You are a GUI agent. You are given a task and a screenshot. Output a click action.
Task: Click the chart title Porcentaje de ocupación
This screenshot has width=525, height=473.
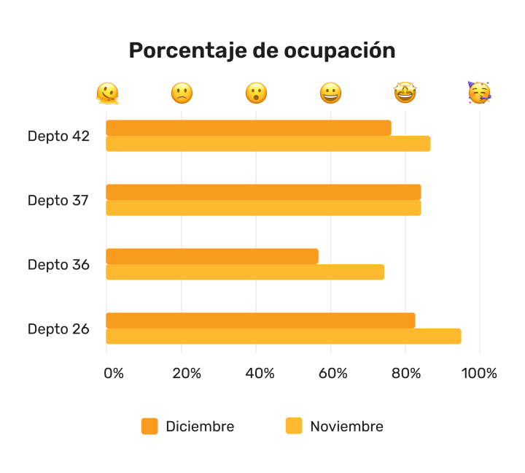point(262,50)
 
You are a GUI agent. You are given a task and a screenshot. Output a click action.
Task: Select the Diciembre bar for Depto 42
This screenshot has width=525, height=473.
point(248,128)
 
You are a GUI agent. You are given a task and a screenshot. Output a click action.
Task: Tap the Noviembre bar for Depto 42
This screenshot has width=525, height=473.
point(268,144)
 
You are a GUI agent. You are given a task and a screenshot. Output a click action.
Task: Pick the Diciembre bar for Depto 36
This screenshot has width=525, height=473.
point(211,256)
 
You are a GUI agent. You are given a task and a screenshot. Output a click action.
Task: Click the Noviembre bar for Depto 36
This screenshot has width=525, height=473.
point(244,272)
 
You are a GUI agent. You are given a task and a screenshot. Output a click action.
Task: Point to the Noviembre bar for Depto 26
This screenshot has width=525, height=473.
point(283,337)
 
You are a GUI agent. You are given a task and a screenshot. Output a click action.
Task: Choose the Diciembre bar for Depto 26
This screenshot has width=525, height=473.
point(260,320)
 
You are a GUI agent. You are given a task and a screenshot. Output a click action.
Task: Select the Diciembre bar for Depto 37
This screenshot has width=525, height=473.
point(262,192)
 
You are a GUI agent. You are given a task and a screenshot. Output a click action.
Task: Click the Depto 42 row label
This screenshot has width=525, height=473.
point(58,136)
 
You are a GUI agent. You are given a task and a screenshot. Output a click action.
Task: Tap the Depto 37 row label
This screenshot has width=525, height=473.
point(58,200)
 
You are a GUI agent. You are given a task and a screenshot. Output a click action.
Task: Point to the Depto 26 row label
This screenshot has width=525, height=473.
point(58,328)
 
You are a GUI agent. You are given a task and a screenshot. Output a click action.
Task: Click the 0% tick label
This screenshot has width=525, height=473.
point(114,373)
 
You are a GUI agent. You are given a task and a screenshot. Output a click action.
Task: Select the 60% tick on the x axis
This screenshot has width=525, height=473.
point(332,373)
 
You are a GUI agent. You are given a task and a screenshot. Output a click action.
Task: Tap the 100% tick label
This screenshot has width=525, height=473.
point(479,373)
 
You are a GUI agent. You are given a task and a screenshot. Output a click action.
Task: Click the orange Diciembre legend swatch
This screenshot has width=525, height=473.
point(149,426)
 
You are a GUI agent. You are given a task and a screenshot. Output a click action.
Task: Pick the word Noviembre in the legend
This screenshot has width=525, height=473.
point(346,426)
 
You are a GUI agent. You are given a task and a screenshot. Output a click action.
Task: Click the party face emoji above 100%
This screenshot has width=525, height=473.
point(479,93)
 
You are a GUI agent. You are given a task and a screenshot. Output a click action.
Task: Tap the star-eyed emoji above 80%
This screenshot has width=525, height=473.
point(405,93)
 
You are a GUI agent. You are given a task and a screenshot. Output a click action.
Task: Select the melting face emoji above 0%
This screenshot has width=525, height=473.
point(107,93)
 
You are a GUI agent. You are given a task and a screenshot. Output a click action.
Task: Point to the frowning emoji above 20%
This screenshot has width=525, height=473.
point(182,93)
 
